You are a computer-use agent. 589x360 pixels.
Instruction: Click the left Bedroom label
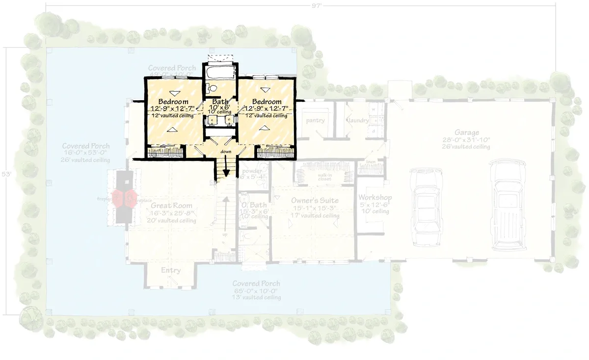pyautogui.click(x=170, y=102)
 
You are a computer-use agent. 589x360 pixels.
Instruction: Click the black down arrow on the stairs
pyautogui.click(x=226, y=171)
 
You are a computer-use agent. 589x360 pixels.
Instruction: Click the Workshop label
pyautogui.click(x=374, y=197)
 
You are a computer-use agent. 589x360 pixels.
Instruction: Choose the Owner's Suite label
pyautogui.click(x=315, y=201)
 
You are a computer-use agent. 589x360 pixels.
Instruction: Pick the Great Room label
pyautogui.click(x=171, y=206)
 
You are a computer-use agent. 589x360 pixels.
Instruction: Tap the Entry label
pyautogui.click(x=171, y=270)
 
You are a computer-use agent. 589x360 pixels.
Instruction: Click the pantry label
pyautogui.click(x=315, y=121)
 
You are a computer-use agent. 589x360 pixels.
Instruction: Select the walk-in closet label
pyautogui.click(x=324, y=177)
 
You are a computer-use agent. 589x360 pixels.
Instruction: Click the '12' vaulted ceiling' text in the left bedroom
pyautogui.click(x=170, y=116)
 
